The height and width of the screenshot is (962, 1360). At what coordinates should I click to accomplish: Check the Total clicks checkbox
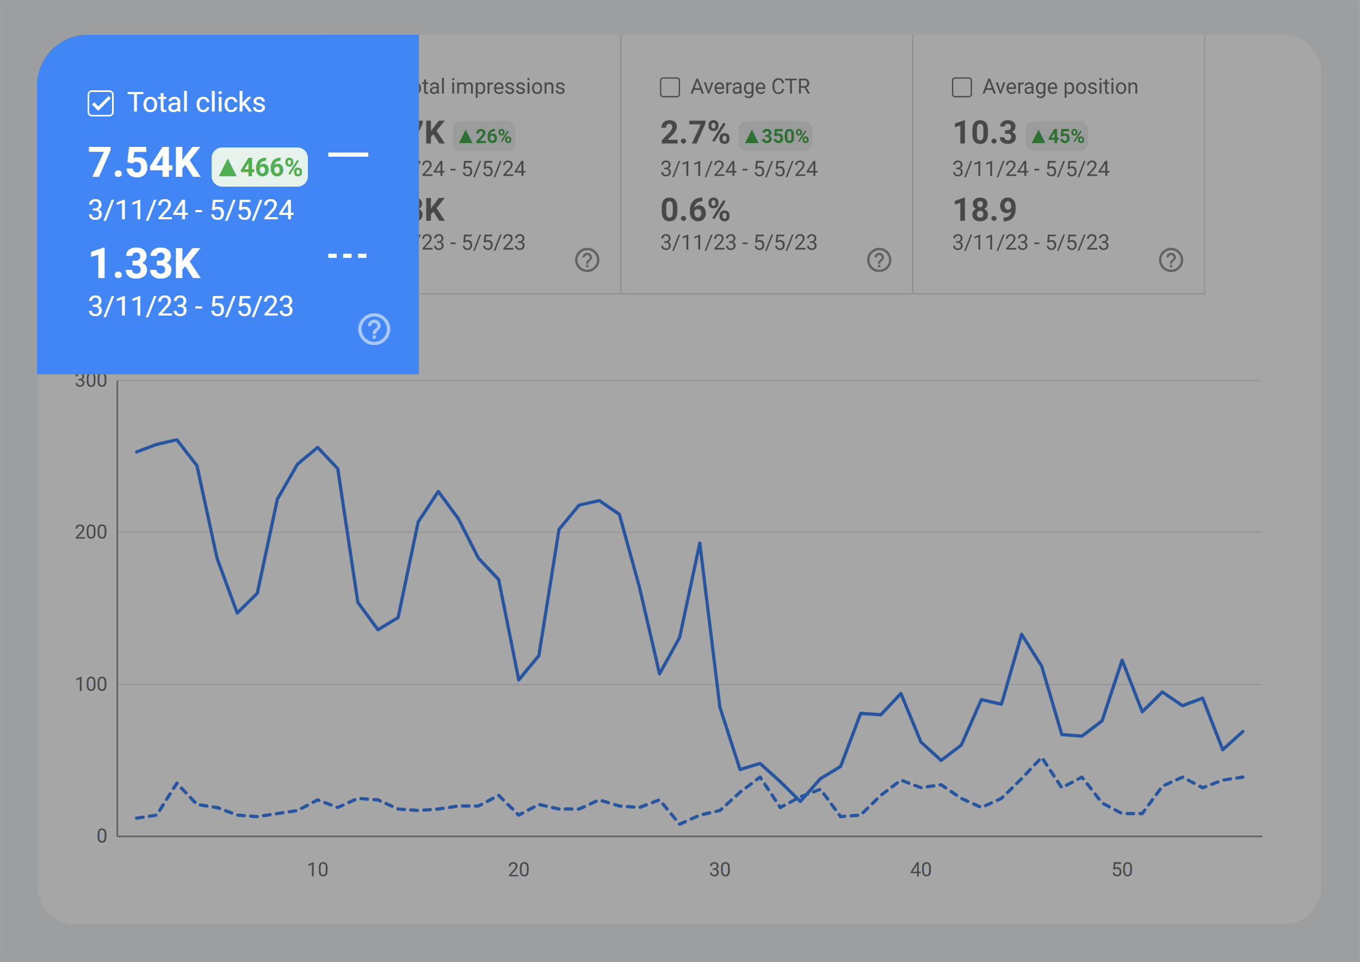(x=101, y=104)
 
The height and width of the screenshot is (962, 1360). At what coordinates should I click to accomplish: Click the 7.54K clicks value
(x=145, y=163)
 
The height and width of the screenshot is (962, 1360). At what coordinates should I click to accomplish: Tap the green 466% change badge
(x=260, y=167)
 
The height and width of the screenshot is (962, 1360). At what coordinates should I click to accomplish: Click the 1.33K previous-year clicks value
(x=145, y=264)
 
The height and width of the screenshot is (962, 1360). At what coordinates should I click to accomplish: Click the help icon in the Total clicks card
(x=374, y=329)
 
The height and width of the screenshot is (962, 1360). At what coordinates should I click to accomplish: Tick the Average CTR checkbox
(x=670, y=88)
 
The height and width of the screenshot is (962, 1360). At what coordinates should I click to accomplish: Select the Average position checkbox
(x=961, y=88)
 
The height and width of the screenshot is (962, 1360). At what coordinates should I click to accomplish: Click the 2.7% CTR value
(x=695, y=133)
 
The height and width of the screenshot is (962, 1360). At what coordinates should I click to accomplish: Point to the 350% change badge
(x=775, y=136)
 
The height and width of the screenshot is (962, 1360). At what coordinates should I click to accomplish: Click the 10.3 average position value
(x=985, y=133)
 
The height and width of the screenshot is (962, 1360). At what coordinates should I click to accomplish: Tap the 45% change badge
(x=1057, y=136)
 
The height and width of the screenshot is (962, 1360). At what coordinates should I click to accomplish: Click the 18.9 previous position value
(x=985, y=210)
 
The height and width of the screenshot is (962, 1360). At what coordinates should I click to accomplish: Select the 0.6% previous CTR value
(x=695, y=210)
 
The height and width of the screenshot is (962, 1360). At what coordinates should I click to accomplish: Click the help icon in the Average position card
(x=1171, y=260)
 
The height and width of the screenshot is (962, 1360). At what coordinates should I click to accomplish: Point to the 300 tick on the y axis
(x=91, y=381)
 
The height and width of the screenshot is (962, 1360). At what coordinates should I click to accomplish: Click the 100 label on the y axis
(x=91, y=685)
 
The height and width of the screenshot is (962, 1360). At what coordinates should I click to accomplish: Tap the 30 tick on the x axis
(x=720, y=869)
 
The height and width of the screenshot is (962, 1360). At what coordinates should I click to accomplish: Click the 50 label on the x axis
(x=1122, y=869)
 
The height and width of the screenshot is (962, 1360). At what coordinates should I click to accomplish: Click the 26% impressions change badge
(x=485, y=136)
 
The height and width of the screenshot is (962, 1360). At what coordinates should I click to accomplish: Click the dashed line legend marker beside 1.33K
(x=348, y=256)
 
